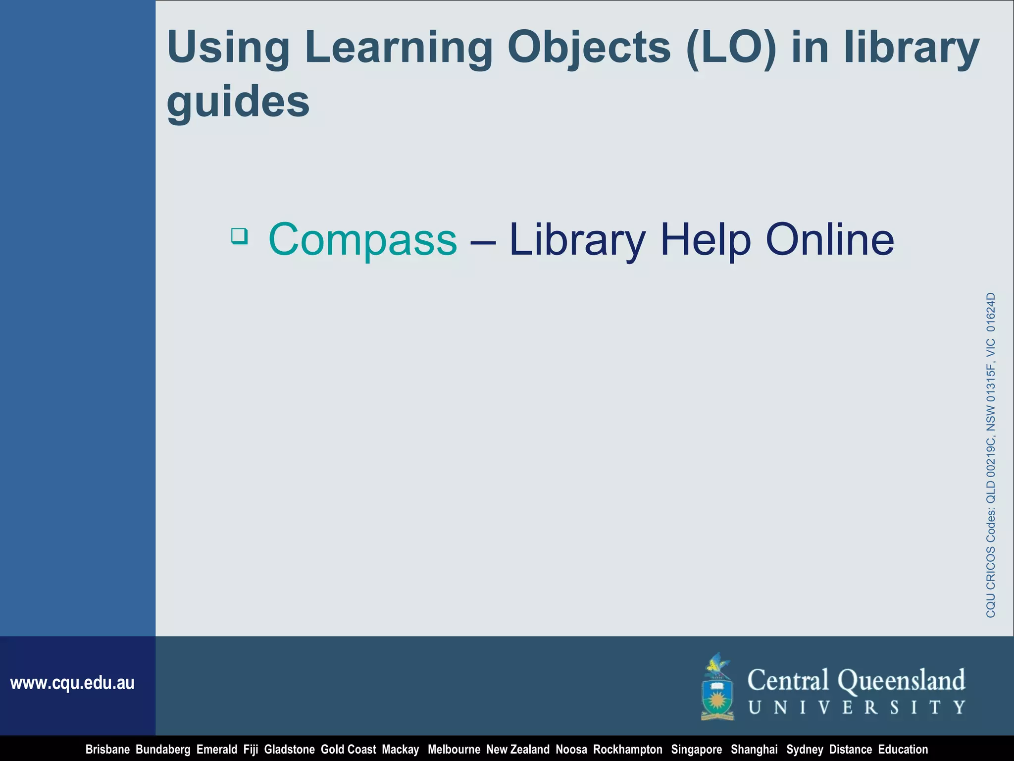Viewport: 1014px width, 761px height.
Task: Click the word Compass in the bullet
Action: (362, 240)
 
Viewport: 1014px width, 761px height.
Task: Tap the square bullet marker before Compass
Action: (240, 236)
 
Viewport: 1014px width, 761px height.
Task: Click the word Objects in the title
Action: (589, 48)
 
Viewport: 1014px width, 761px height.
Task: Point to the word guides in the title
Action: (238, 102)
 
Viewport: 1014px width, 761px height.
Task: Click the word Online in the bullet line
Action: (830, 240)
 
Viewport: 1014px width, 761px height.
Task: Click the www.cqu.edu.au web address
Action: (72, 683)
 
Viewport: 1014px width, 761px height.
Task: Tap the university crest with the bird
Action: (717, 687)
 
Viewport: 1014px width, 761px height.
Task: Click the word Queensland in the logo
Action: (901, 681)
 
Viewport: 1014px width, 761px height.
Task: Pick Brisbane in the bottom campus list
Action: (107, 750)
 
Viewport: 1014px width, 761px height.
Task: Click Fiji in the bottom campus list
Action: (251, 750)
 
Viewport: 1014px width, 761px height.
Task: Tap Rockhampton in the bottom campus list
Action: (627, 750)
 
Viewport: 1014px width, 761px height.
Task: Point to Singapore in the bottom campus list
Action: (696, 750)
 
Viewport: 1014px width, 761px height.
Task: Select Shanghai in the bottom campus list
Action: (754, 750)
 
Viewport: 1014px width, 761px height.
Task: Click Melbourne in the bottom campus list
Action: (454, 750)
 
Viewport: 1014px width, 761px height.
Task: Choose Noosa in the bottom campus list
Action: (571, 750)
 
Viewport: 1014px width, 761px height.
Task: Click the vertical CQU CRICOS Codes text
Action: (991, 455)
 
